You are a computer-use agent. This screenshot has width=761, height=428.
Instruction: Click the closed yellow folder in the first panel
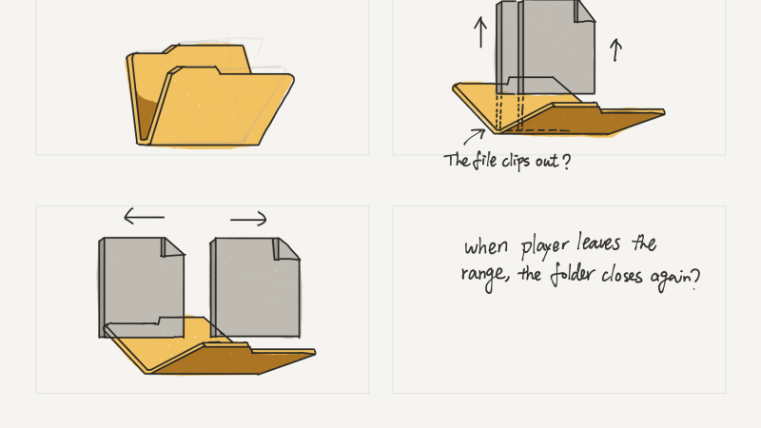pyautogui.click(x=209, y=100)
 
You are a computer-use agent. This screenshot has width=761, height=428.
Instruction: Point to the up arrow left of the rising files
pyautogui.click(x=479, y=34)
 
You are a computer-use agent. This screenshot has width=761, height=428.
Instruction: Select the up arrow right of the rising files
pyautogui.click(x=615, y=49)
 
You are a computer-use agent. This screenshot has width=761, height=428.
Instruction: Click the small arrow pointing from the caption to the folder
pyautogui.click(x=474, y=138)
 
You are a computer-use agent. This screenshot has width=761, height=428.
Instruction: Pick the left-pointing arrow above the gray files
pyautogui.click(x=144, y=218)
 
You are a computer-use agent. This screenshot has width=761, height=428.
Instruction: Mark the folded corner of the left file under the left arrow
pyautogui.click(x=172, y=247)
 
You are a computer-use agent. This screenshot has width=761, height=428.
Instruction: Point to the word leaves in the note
pyautogui.click(x=609, y=245)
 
